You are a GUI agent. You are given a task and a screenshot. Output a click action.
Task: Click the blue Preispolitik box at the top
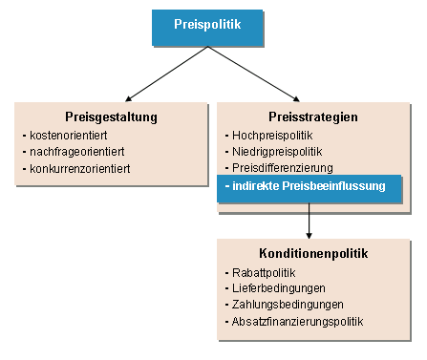click(207, 26)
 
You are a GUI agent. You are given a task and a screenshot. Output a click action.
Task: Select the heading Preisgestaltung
click(112, 116)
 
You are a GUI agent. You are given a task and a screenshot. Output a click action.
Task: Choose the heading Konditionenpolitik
click(313, 254)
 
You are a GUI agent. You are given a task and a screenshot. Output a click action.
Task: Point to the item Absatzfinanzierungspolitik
click(298, 322)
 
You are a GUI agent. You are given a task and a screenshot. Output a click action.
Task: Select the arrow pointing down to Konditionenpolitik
click(310, 221)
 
